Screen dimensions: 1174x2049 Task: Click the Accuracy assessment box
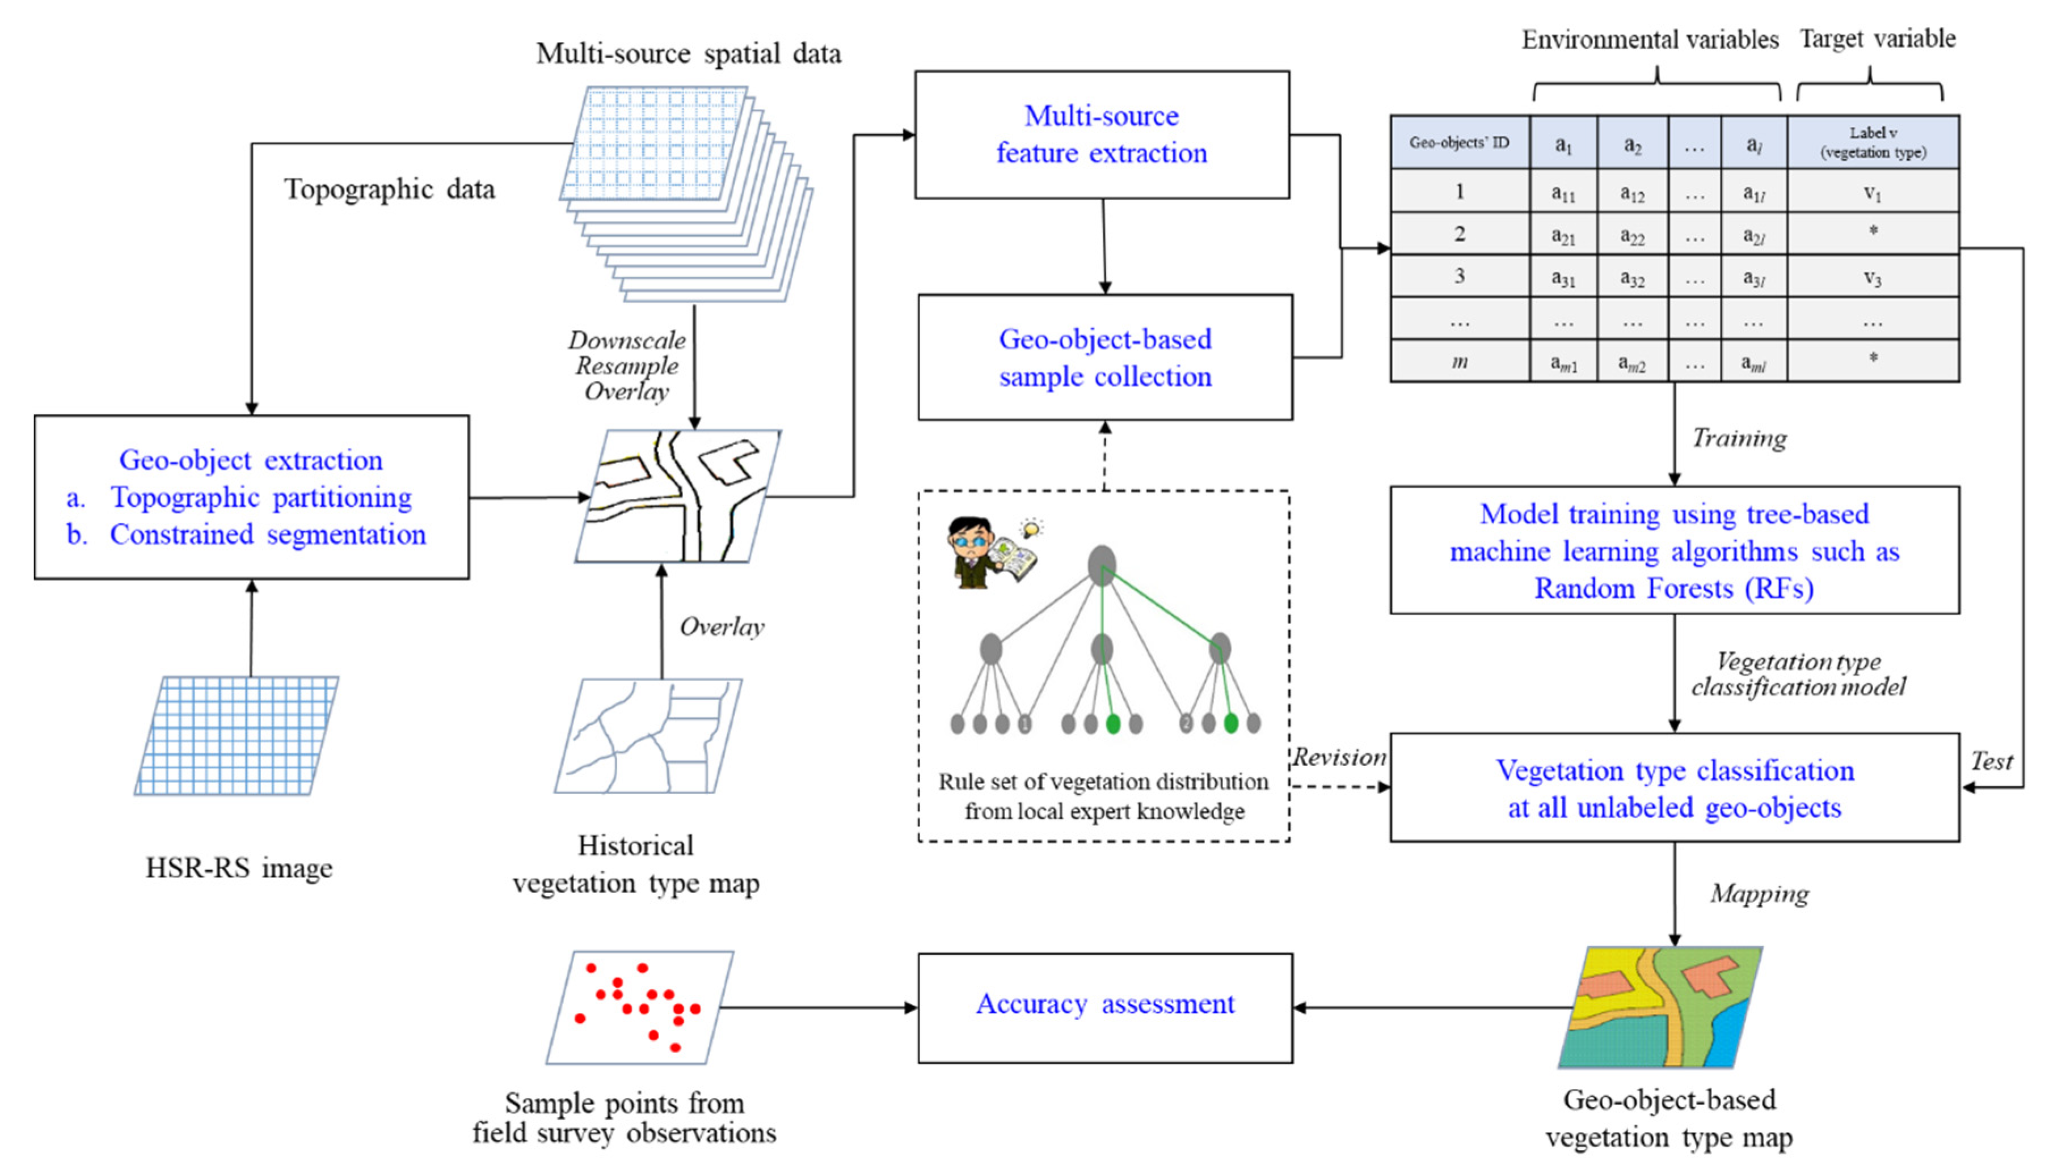coord(1104,1007)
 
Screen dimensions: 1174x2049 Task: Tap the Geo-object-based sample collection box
coord(1104,357)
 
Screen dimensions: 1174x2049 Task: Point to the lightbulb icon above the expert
coord(1030,529)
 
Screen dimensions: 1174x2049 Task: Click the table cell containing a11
coord(1563,192)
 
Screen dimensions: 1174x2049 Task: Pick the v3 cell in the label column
coord(1873,277)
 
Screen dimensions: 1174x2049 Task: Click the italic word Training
coord(1739,438)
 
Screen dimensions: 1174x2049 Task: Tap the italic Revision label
coord(1339,757)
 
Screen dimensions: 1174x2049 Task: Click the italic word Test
coord(1991,761)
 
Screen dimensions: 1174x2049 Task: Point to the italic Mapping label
coord(1759,893)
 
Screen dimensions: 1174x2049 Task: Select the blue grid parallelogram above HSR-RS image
coord(237,735)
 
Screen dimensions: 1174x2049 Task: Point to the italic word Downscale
coord(627,340)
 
